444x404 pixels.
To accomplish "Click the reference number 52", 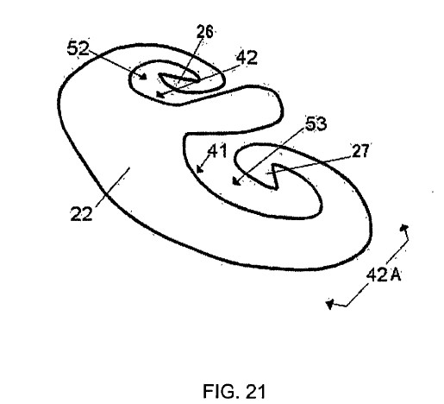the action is pyautogui.click(x=78, y=48).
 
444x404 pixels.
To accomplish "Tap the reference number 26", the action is pyautogui.click(x=205, y=32).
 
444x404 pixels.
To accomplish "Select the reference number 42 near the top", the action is pyautogui.click(x=247, y=58).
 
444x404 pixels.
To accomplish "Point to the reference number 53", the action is pyautogui.click(x=316, y=123).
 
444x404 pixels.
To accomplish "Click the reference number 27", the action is pyautogui.click(x=360, y=151).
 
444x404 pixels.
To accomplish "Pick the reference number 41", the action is pyautogui.click(x=218, y=150).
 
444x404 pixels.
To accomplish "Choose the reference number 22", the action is pyautogui.click(x=81, y=214).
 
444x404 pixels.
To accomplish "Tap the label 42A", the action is pyautogui.click(x=384, y=275).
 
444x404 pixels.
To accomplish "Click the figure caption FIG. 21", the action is pyautogui.click(x=234, y=391).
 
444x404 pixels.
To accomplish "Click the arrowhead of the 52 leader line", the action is pyautogui.click(x=144, y=77).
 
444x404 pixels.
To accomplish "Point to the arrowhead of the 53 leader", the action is pyautogui.click(x=235, y=181).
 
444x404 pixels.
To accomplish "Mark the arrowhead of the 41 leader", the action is pyautogui.click(x=199, y=169).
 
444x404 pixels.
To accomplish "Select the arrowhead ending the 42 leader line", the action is pyautogui.click(x=159, y=95).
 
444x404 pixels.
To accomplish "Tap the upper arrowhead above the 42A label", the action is pyautogui.click(x=404, y=228).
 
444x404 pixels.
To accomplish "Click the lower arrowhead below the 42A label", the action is pyautogui.click(x=329, y=304).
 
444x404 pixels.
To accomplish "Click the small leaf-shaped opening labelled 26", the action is pyautogui.click(x=178, y=81).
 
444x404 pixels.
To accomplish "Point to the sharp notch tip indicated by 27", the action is pyautogui.click(x=275, y=165).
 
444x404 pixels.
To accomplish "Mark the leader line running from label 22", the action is pyautogui.click(x=113, y=186).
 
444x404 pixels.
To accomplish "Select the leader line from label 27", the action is pyautogui.click(x=310, y=165).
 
